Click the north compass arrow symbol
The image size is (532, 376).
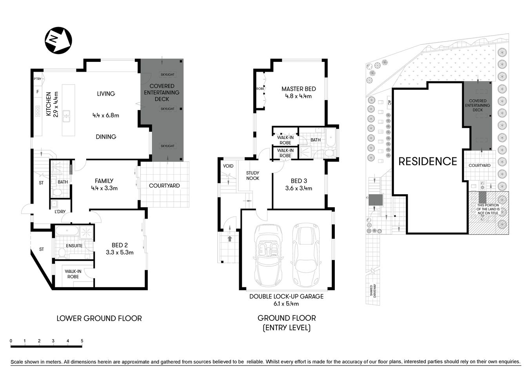point(58,40)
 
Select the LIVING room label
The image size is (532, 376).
point(106,94)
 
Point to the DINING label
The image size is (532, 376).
point(106,137)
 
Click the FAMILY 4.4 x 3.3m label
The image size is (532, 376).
point(104,184)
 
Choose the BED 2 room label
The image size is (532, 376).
point(120,249)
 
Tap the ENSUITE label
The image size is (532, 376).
point(74,246)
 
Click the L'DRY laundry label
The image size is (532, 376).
point(60,212)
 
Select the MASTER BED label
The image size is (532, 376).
point(298,92)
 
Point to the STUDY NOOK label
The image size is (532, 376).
point(252,175)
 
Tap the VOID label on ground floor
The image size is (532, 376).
point(228,166)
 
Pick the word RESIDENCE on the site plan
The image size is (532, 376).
point(428,161)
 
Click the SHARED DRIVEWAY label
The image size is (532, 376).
point(371,291)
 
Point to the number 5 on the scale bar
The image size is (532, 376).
point(82,341)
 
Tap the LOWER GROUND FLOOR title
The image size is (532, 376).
point(99,318)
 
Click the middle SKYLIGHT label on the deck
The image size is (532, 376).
point(167,109)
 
